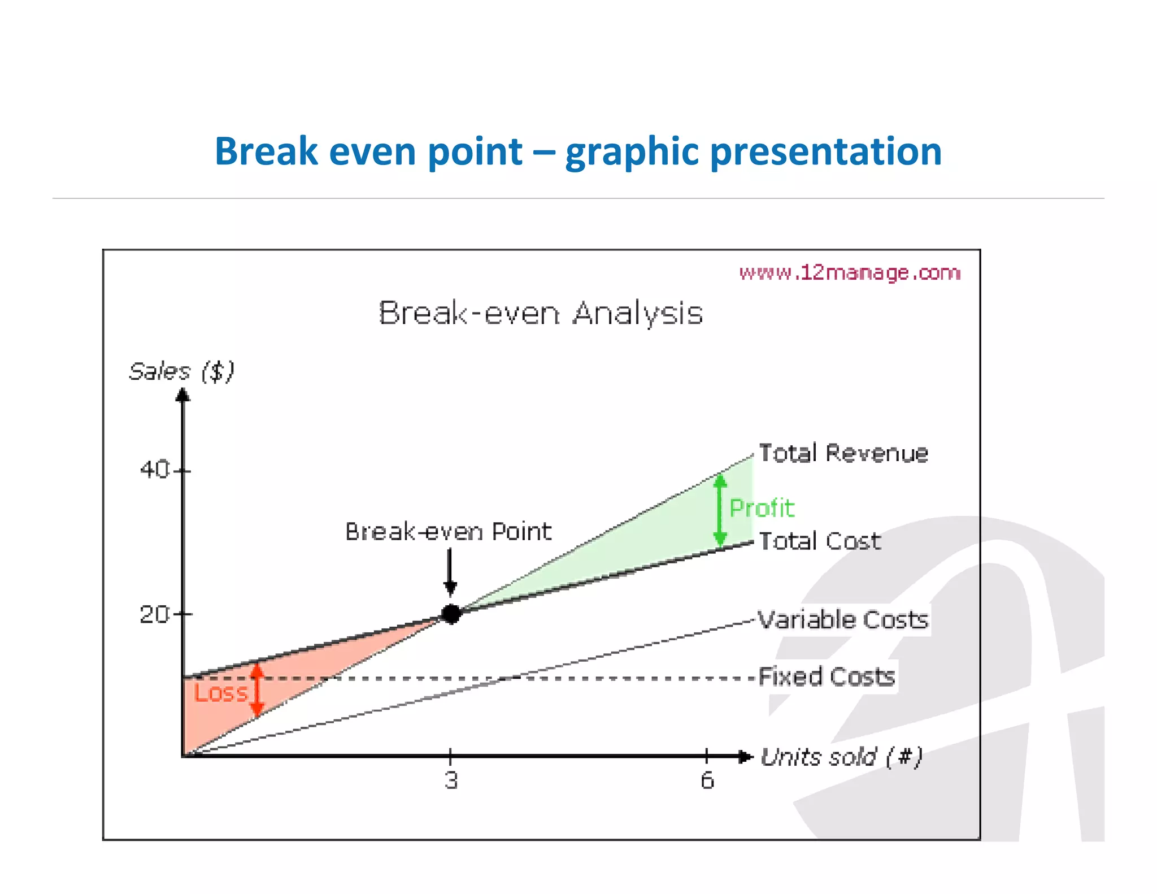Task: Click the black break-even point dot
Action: pyautogui.click(x=451, y=613)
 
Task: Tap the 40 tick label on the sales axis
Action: pyautogui.click(x=154, y=470)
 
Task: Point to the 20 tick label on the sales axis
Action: pyautogui.click(x=154, y=614)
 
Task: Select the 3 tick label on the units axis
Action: pyautogui.click(x=451, y=780)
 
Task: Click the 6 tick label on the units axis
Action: pyautogui.click(x=707, y=780)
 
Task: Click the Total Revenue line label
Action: pyautogui.click(x=843, y=453)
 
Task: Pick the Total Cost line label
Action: pyautogui.click(x=819, y=541)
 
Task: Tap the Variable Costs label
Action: pyautogui.click(x=842, y=620)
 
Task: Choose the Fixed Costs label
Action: pyautogui.click(x=827, y=676)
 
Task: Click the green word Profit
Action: pyautogui.click(x=762, y=508)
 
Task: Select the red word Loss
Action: pyautogui.click(x=220, y=693)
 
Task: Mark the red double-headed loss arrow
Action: pyautogui.click(x=257, y=690)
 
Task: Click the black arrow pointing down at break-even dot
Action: pyautogui.click(x=450, y=571)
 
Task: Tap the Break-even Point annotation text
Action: pyautogui.click(x=448, y=532)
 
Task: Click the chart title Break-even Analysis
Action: pyautogui.click(x=541, y=313)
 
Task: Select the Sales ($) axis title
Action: pyautogui.click(x=181, y=371)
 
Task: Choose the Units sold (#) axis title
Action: pyautogui.click(x=841, y=757)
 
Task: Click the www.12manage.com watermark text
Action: pyautogui.click(x=850, y=273)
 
